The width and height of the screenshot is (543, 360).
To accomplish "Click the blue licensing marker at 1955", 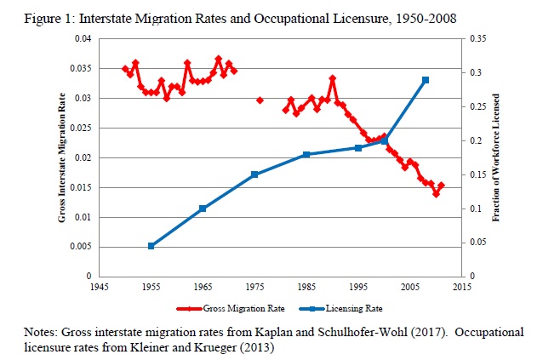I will [x=151, y=246].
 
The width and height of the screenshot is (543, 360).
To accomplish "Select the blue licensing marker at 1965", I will [x=203, y=209].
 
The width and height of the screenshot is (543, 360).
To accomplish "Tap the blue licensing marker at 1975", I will [x=254, y=174].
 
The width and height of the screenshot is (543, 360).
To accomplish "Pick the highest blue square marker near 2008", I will [x=425, y=80].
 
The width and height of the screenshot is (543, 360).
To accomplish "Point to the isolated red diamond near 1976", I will [x=260, y=100].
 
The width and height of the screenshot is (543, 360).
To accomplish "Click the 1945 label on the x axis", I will [x=100, y=288].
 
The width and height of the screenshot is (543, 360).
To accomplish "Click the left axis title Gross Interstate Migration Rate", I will [x=63, y=158].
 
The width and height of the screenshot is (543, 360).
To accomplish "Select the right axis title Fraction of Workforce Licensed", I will [x=496, y=158].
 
